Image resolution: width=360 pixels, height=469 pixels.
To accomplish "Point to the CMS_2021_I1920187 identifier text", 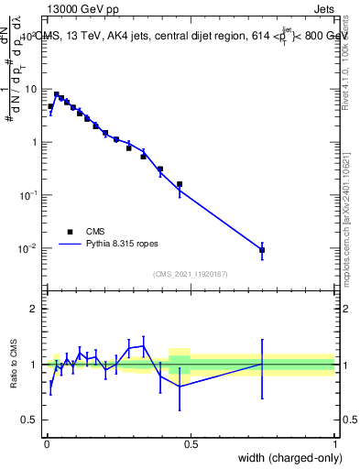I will coord(190,273).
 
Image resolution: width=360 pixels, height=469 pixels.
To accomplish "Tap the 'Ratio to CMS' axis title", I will coord(14,365).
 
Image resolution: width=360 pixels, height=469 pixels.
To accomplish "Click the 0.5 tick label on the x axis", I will coord(191,444).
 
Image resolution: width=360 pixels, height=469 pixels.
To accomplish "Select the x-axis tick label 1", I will coord(334,444).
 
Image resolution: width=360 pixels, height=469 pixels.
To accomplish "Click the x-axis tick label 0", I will coord(47,444).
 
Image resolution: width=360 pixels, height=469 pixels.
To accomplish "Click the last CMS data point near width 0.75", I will coord(262,250).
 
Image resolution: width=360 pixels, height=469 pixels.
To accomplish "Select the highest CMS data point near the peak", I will coord(57,94).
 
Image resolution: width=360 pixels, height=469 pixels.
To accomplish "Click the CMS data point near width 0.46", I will coord(180,184).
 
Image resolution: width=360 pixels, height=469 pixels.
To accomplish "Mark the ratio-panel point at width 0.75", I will coord(262,365).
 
